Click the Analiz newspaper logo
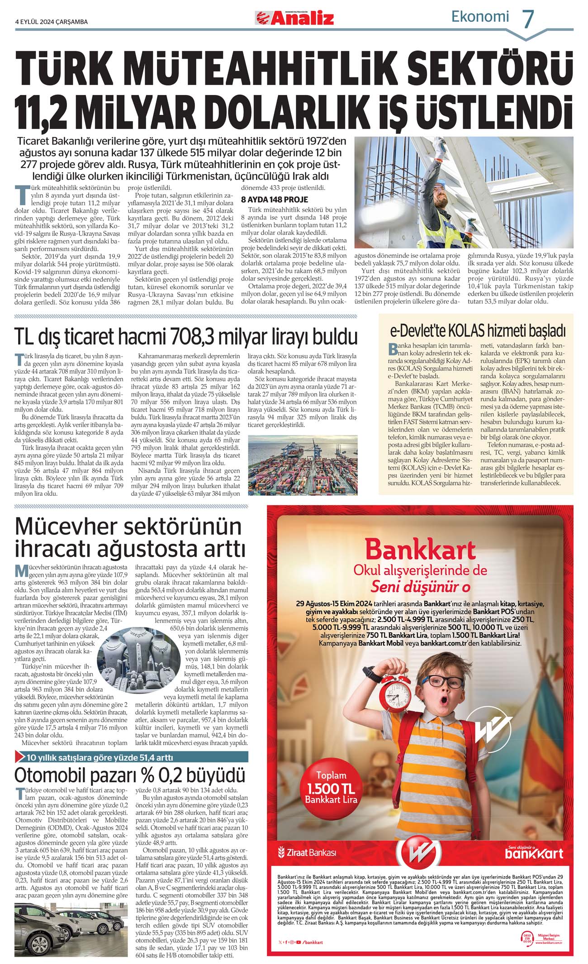tap(294, 18)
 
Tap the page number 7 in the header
tap(528, 19)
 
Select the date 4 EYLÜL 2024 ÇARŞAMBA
tap(51, 22)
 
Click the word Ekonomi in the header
tap(480, 17)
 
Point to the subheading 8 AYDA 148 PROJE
tap(274, 199)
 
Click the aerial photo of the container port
tap(303, 465)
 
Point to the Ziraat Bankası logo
tap(307, 852)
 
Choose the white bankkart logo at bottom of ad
tap(534, 853)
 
